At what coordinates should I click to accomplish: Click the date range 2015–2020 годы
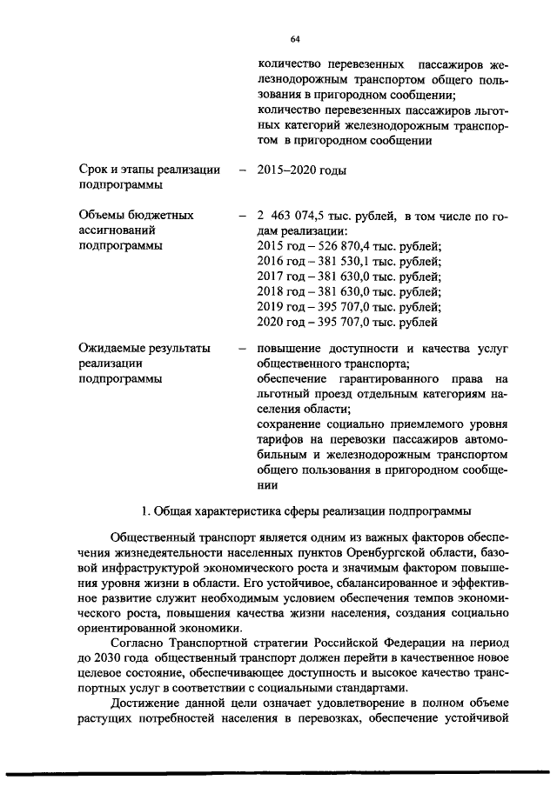click(x=302, y=170)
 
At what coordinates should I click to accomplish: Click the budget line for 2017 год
click(x=349, y=278)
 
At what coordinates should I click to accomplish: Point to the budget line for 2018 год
click(x=349, y=293)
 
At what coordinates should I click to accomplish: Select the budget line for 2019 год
click(x=349, y=309)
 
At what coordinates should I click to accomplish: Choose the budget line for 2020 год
click(x=348, y=324)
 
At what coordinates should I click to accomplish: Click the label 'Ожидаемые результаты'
click(x=144, y=349)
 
